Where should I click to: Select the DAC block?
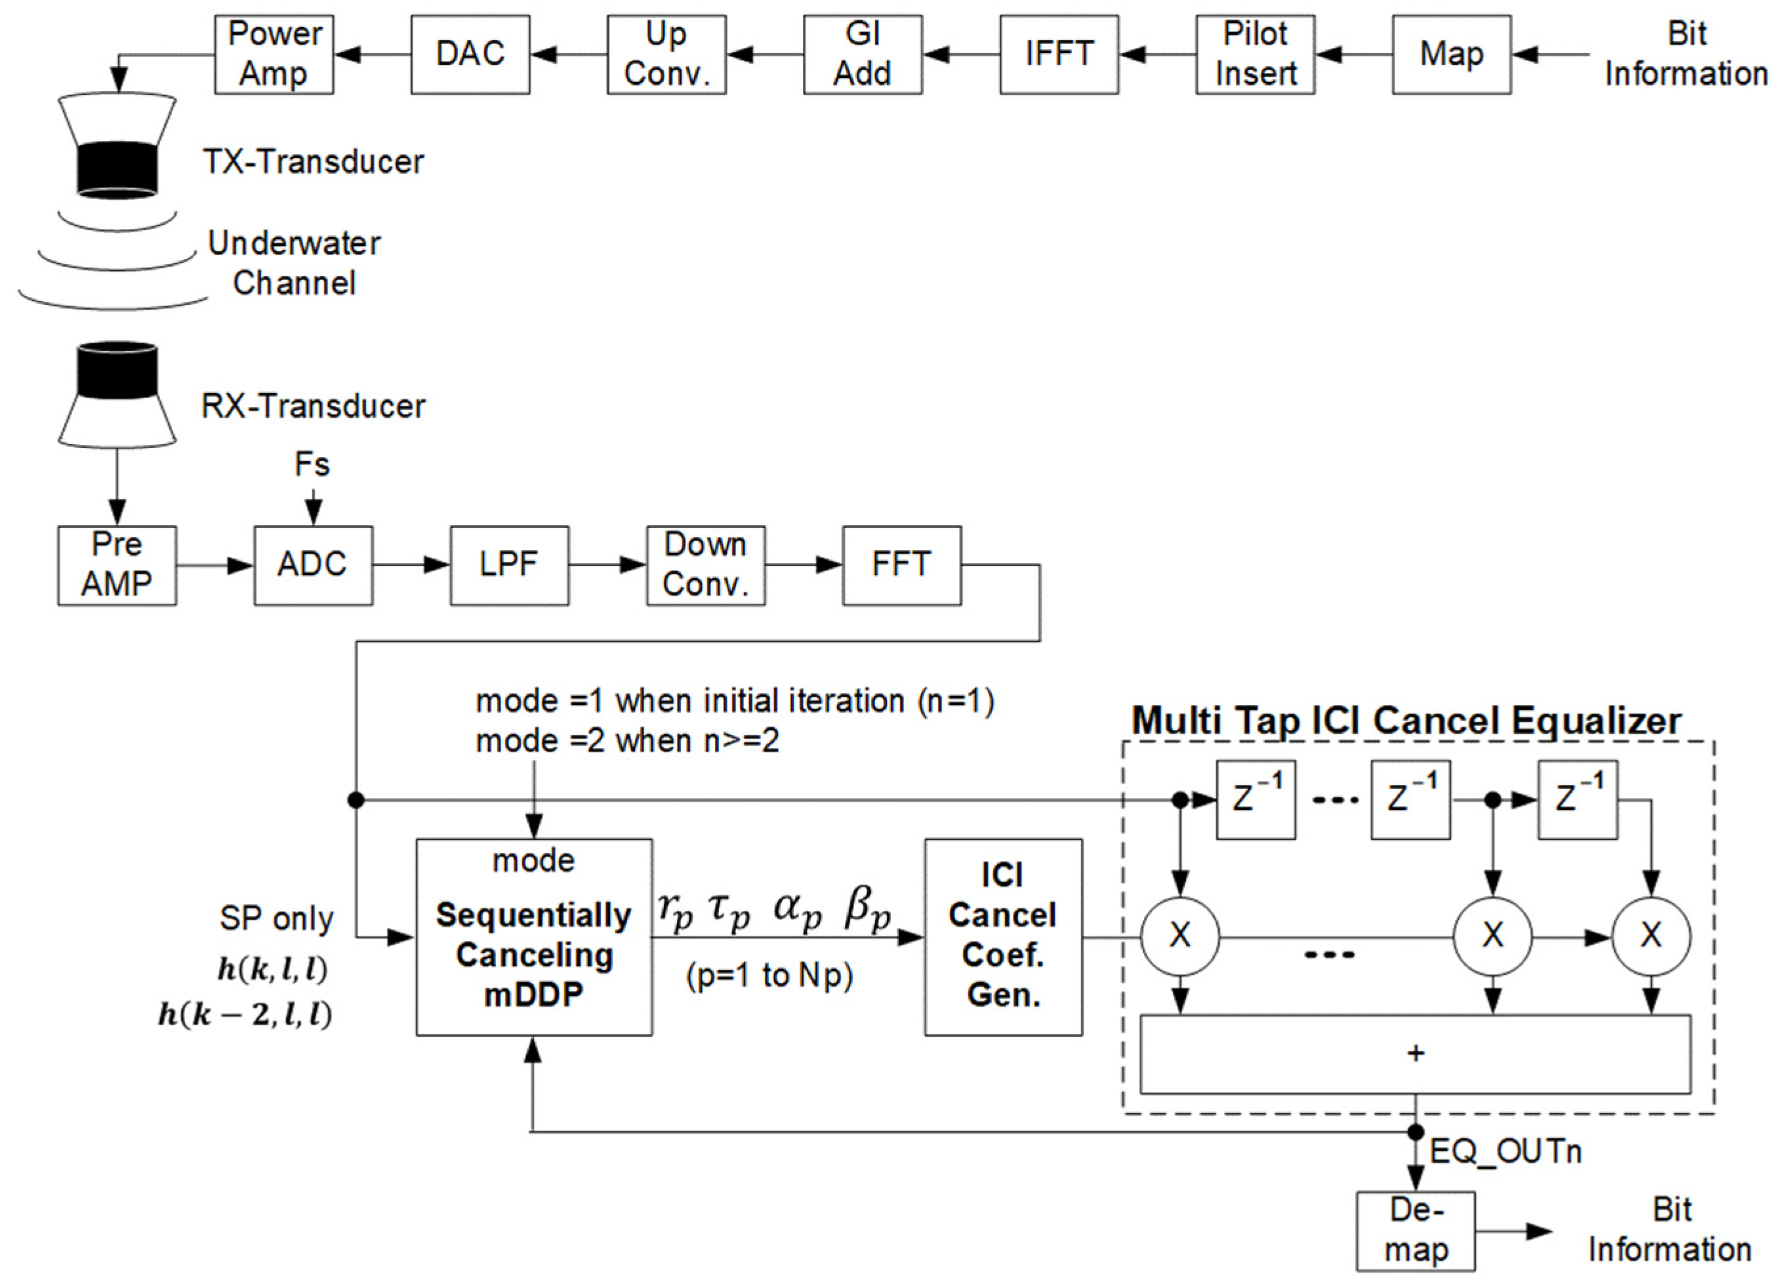(x=470, y=55)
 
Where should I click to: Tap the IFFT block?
(x=1059, y=55)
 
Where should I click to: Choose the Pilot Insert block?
(x=1256, y=55)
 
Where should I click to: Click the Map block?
(x=1452, y=55)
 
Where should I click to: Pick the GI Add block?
(x=863, y=55)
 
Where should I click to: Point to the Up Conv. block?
(x=666, y=55)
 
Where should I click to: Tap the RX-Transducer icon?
(x=117, y=395)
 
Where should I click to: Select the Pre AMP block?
(x=117, y=565)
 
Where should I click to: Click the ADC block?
(x=313, y=565)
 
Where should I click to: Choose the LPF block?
(x=510, y=565)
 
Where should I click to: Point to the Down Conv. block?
(x=706, y=565)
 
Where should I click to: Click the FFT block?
(x=902, y=565)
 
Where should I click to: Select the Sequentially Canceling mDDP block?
(x=534, y=937)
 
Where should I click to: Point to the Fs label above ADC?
(x=312, y=464)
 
